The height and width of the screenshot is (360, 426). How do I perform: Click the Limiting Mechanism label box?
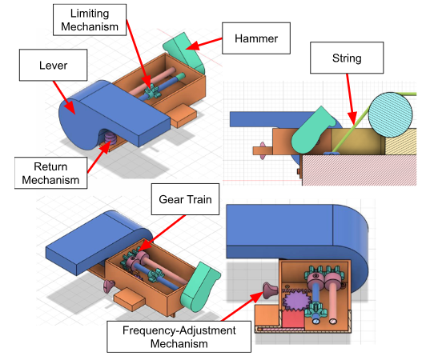[x=90, y=20]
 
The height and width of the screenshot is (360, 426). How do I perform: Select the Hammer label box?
[x=256, y=38]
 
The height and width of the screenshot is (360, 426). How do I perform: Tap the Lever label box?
[x=53, y=65]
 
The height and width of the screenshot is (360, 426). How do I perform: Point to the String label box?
[x=347, y=58]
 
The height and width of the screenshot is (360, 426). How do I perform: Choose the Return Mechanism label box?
[x=50, y=173]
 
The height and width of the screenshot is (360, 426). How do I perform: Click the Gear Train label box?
[x=185, y=199]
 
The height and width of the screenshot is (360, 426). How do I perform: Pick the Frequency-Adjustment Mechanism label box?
[x=179, y=337]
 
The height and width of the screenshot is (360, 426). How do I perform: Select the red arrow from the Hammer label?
[x=204, y=44]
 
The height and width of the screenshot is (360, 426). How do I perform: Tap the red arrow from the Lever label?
[x=63, y=97]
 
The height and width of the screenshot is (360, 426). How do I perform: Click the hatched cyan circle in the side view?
[x=390, y=114]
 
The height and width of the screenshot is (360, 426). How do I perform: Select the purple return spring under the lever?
[x=111, y=138]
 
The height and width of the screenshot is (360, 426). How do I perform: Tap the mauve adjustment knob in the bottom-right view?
[x=270, y=290]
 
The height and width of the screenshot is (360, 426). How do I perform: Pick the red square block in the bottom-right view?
[x=293, y=318]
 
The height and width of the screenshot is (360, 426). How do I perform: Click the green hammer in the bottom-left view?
[x=199, y=287]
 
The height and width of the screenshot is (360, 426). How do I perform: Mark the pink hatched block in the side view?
[x=360, y=170]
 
